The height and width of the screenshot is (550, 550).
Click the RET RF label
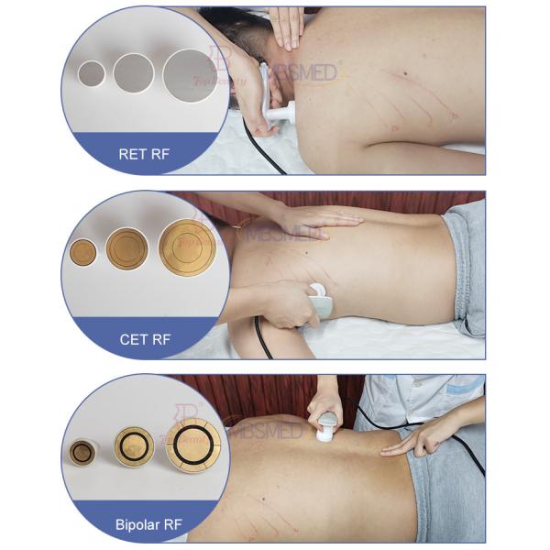tap(145, 154)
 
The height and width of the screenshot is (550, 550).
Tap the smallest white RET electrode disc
tap(93, 72)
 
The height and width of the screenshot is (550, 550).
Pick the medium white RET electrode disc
tap(133, 71)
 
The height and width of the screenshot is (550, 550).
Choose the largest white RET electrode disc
tap(189, 71)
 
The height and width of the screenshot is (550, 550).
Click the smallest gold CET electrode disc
tap(83, 252)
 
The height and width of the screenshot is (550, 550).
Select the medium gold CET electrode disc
tap(126, 247)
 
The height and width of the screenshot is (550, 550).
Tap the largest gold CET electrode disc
tap(187, 246)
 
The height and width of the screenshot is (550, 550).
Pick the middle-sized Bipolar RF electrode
tap(134, 445)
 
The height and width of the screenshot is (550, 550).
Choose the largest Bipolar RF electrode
tap(192, 442)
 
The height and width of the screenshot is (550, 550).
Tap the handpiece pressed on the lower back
tap(321, 300)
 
